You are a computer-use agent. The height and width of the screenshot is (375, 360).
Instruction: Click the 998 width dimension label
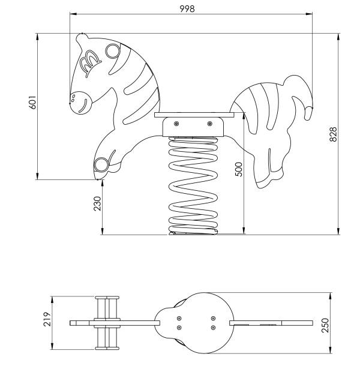pyautogui.click(x=187, y=9)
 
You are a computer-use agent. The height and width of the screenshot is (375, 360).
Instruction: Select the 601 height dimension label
pyautogui.click(x=32, y=103)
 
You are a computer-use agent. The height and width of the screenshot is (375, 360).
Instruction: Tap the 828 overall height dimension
pyautogui.click(x=333, y=134)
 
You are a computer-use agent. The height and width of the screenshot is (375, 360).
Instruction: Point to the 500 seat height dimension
pyautogui.click(x=238, y=169)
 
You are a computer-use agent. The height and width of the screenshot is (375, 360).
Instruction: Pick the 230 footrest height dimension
pyautogui.click(x=97, y=203)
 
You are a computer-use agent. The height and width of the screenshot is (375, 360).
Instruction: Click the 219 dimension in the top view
pyautogui.click(x=47, y=319)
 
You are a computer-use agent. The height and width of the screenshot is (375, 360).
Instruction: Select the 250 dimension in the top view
pyautogui.click(x=325, y=325)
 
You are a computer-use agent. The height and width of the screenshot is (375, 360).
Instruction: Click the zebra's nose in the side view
pyautogui.click(x=82, y=103)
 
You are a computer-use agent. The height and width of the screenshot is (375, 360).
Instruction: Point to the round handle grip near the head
pyautogui.click(x=112, y=51)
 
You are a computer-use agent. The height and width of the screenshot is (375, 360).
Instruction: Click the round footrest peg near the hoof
pyautogui.click(x=101, y=165)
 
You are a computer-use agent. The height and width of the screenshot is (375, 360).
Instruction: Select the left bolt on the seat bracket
pyautogui.click(x=176, y=124)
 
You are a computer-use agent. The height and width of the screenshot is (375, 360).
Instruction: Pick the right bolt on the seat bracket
pyautogui.click(x=209, y=124)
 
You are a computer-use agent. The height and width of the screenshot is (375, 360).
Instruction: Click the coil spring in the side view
pyautogui.click(x=193, y=186)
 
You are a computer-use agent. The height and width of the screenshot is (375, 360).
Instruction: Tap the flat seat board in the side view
pyautogui.click(x=194, y=115)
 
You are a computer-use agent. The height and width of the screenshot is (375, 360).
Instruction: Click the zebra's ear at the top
pyautogui.click(x=82, y=39)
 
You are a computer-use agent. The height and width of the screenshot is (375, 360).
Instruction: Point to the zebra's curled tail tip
pyautogui.click(x=308, y=113)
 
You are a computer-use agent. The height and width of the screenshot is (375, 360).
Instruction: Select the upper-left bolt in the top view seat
pyautogui.click(x=179, y=319)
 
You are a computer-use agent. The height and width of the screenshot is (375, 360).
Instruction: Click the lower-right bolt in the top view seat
pyautogui.click(x=213, y=328)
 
